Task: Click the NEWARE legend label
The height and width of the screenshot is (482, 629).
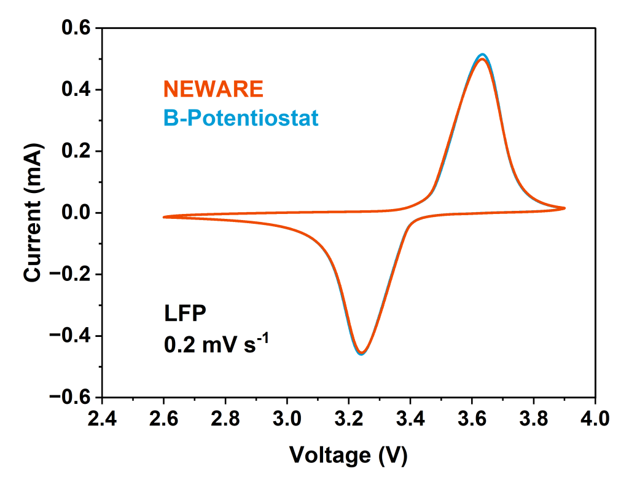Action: pos(213,90)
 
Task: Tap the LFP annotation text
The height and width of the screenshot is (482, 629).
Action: pos(185,314)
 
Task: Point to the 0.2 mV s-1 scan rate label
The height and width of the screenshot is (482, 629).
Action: pos(216,343)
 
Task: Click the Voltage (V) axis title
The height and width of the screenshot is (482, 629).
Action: pos(348,455)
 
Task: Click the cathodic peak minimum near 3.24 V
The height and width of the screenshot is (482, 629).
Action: pos(361,354)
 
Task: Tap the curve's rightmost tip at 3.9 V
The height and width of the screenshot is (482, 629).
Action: pos(564,208)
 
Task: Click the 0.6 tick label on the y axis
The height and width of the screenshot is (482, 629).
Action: pos(76,29)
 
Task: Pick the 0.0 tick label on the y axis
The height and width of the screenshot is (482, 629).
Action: pos(76,213)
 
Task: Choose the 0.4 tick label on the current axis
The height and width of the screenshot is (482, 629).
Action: pos(76,90)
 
